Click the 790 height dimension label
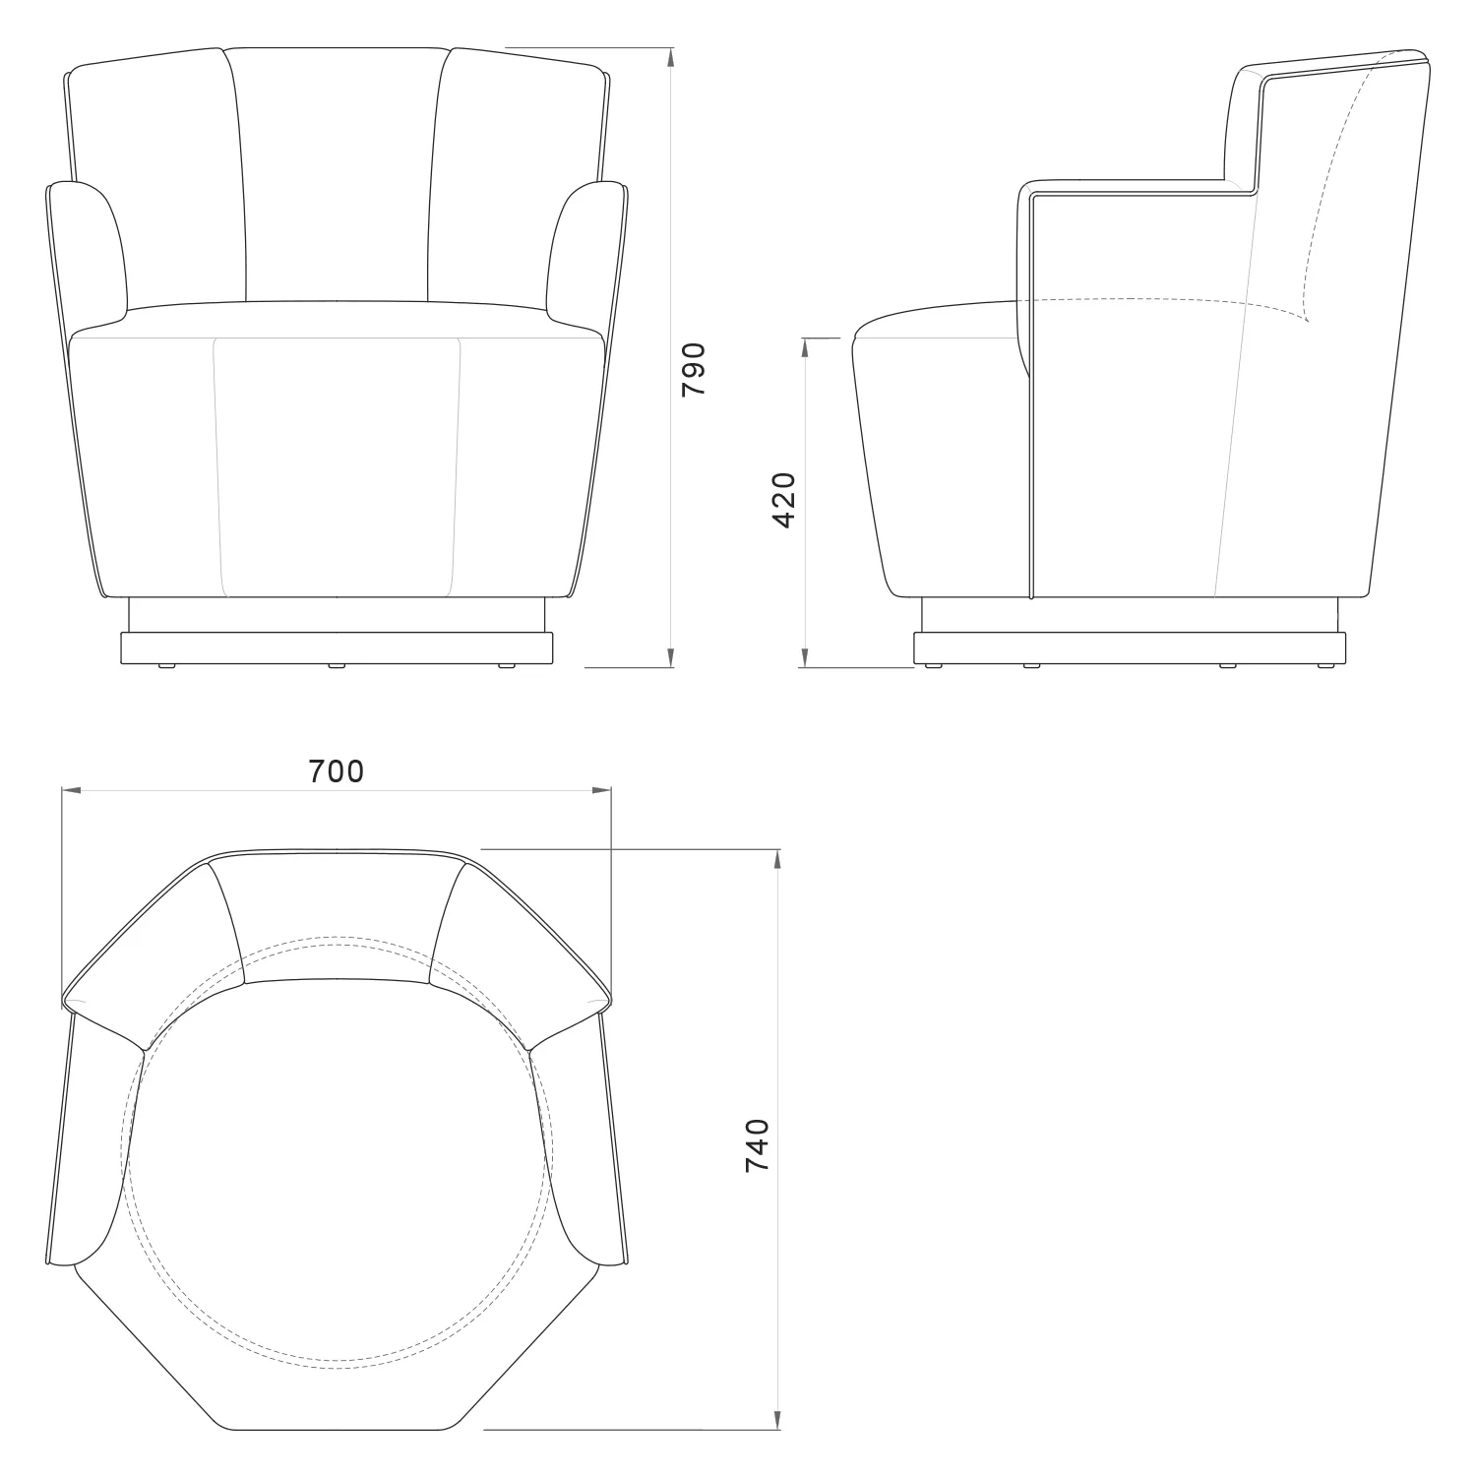[694, 370]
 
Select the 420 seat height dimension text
[784, 500]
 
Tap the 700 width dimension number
[337, 771]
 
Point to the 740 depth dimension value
[757, 1144]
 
